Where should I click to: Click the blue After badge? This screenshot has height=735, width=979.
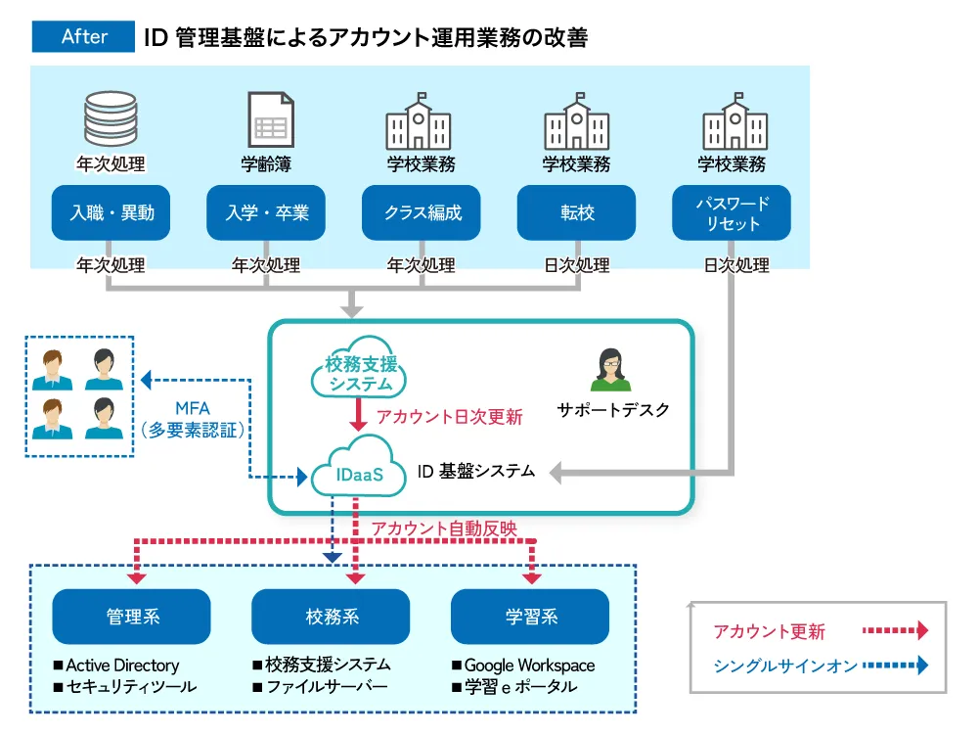[83, 36]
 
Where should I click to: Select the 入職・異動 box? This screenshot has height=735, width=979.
[111, 212]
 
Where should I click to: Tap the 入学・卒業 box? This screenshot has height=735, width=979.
[266, 212]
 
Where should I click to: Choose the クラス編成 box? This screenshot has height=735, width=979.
[422, 212]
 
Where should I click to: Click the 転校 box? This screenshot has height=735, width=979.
[576, 212]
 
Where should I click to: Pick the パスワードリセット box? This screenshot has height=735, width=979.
[732, 212]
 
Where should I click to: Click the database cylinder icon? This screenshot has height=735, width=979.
[111, 118]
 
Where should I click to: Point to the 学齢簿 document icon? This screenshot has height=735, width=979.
[270, 120]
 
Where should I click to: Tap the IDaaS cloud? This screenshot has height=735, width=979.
[358, 468]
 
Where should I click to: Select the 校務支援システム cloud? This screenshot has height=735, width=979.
[359, 368]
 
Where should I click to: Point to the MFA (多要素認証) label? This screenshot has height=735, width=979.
[193, 420]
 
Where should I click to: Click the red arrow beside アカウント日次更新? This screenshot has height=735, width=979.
[358, 414]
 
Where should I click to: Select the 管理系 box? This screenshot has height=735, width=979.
[132, 617]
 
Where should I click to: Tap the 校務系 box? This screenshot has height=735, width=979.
[331, 617]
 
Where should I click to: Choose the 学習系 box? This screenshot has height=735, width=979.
[530, 617]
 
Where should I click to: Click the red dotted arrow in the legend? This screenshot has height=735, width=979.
[895, 630]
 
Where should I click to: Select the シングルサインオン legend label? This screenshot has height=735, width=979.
[785, 666]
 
